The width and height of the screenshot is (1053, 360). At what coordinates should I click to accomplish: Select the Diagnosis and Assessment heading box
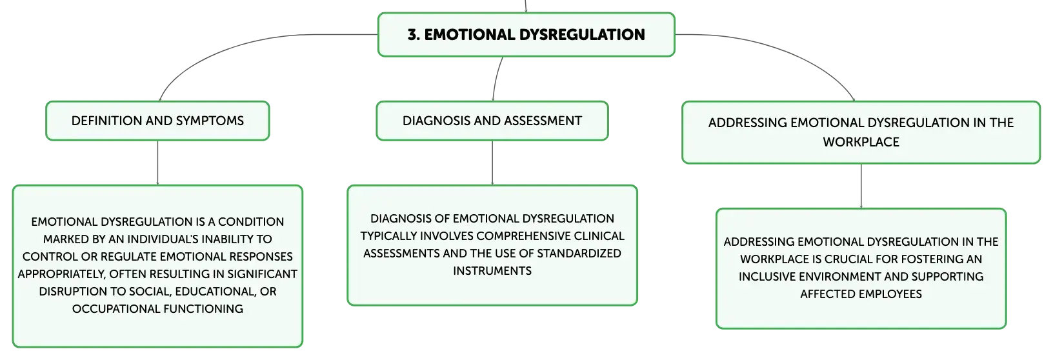click(492, 121)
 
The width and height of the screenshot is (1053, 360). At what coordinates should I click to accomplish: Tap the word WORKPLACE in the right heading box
click(861, 142)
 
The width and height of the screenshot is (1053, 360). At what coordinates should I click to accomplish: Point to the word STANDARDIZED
click(579, 254)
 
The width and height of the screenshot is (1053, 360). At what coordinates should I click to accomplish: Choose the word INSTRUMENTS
click(492, 271)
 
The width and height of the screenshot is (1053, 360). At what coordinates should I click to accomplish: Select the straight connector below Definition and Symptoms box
click(157, 163)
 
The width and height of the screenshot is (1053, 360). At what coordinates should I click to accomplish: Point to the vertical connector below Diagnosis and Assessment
click(492, 163)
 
